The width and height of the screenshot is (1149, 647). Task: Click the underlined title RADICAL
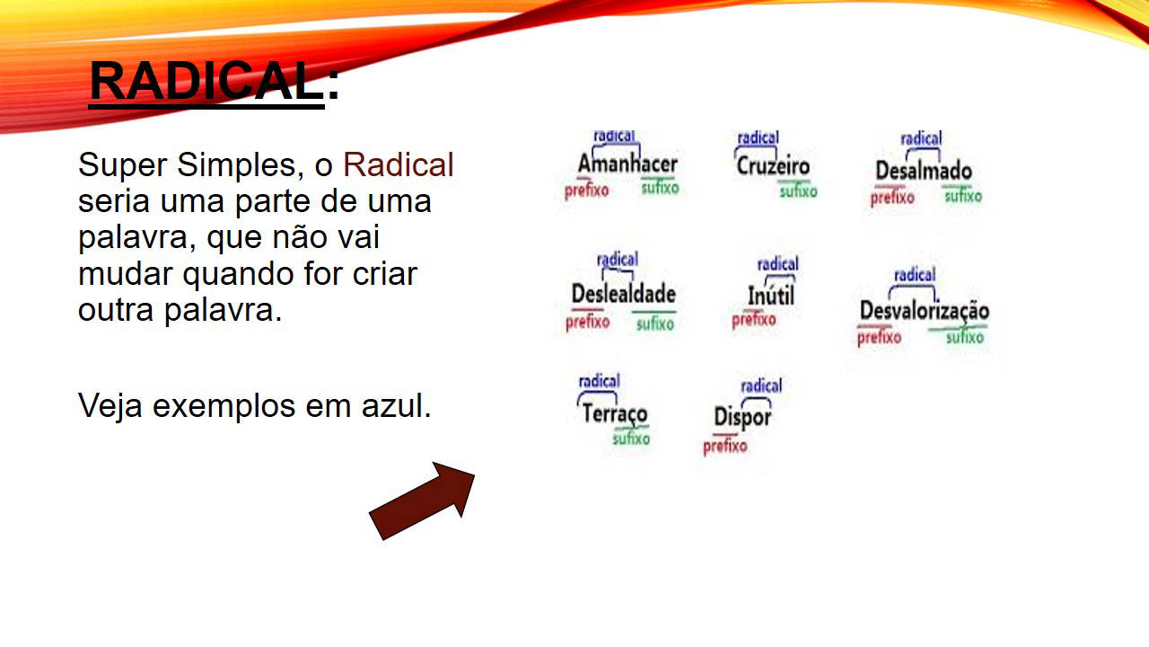tap(206, 81)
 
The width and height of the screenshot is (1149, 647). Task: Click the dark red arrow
tap(422, 501)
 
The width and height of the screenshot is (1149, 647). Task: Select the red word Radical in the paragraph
tap(398, 164)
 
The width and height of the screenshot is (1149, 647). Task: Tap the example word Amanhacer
tap(627, 164)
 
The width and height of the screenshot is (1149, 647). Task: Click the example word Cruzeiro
tap(773, 166)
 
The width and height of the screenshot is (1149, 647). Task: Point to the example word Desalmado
tap(924, 171)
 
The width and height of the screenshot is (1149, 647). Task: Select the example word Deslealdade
tap(623, 294)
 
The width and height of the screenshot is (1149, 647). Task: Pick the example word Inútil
tap(770, 296)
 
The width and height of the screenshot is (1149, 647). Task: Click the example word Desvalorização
tap(925, 311)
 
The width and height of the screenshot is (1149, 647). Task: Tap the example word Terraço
tap(615, 414)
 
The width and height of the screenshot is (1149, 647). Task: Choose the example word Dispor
tap(742, 417)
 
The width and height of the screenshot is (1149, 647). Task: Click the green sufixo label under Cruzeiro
tap(798, 191)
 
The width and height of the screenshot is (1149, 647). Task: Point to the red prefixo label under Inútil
tap(753, 320)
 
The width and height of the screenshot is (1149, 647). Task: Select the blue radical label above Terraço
tap(599, 381)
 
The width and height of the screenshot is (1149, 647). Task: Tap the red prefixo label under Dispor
tap(724, 446)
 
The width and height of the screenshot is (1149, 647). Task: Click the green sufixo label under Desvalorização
tap(965, 337)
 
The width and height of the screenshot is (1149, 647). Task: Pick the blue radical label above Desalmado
tap(921, 138)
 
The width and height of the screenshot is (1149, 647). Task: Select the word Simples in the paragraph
tap(236, 166)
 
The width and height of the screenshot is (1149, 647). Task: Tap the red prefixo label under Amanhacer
tap(586, 191)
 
